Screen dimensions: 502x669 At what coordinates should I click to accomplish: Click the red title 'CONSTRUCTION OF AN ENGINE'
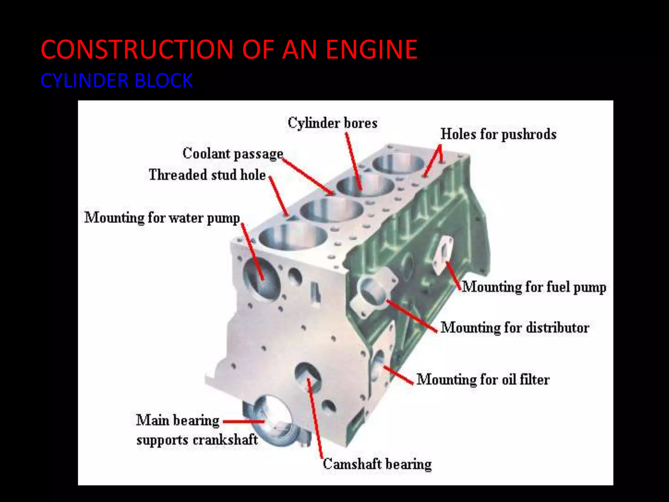pyautogui.click(x=229, y=49)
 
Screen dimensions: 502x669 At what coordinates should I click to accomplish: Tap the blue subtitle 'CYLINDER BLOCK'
pyautogui.click(x=117, y=80)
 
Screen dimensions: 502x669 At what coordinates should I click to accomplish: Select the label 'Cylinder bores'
pyautogui.click(x=332, y=123)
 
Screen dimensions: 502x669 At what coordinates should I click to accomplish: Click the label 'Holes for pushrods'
pyautogui.click(x=498, y=134)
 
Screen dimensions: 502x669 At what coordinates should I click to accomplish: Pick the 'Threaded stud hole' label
pyautogui.click(x=207, y=175)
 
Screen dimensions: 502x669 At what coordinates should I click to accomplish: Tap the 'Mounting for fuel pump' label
pyautogui.click(x=534, y=287)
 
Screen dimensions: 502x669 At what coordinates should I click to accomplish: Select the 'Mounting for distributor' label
pyautogui.click(x=514, y=328)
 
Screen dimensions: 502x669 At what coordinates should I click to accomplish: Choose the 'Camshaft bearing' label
pyautogui.click(x=377, y=464)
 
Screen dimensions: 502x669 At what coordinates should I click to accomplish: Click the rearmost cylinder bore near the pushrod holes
pyautogui.click(x=399, y=164)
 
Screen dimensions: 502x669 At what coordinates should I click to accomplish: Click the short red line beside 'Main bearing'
pyautogui.click(x=243, y=422)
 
